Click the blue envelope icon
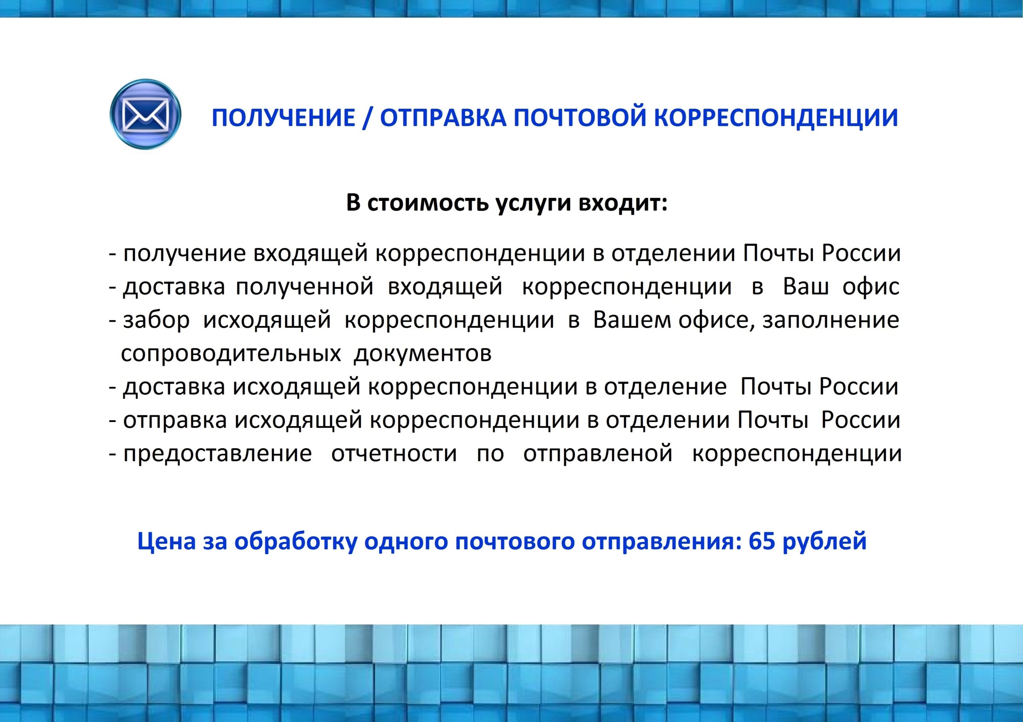(x=145, y=114)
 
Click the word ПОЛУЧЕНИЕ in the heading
(x=283, y=118)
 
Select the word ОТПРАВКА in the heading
(x=443, y=118)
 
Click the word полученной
(x=305, y=287)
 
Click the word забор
(x=156, y=320)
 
